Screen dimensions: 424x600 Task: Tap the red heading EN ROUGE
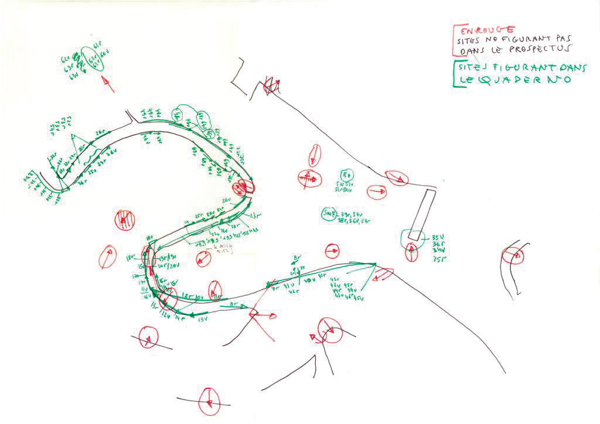click(487, 30)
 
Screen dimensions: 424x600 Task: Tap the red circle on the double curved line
click(513, 256)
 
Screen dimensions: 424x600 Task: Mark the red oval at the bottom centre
click(209, 401)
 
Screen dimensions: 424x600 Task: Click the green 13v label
click(203, 320)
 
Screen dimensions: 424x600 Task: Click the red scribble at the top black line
click(271, 86)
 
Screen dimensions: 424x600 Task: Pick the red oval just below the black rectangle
click(411, 252)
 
